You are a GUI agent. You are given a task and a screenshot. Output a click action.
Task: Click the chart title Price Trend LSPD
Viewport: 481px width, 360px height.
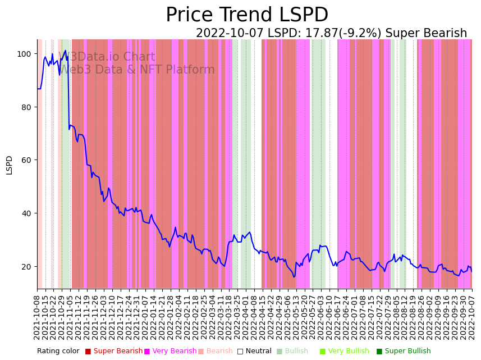click(247, 15)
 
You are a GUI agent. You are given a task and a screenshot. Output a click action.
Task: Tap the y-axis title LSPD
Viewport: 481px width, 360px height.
click(9, 165)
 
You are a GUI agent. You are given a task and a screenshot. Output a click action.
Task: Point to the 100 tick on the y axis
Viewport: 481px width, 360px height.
click(25, 54)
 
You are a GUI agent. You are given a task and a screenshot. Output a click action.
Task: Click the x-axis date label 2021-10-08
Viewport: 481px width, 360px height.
click(38, 318)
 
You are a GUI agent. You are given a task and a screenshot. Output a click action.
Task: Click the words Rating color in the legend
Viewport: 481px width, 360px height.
click(58, 351)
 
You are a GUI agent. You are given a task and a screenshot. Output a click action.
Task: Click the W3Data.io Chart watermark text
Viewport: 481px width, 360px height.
click(107, 57)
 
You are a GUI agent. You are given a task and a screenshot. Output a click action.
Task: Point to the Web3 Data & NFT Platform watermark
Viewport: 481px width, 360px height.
click(137, 70)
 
